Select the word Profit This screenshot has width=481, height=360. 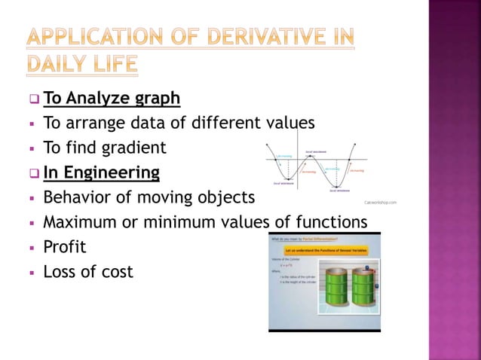pyautogui.click(x=64, y=246)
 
